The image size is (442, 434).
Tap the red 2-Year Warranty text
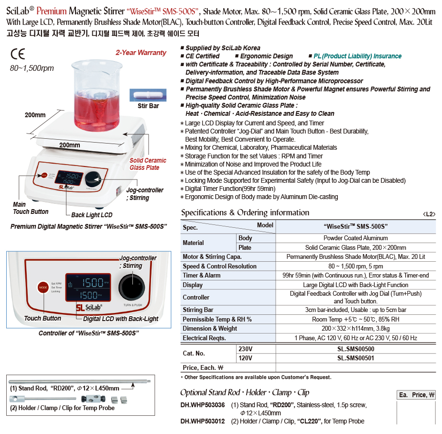click(x=141, y=53)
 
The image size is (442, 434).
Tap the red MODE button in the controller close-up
click(x=43, y=288)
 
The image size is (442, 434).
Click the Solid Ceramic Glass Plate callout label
click(x=148, y=164)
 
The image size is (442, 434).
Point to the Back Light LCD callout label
click(x=92, y=215)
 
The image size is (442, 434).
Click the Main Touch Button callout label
click(x=31, y=208)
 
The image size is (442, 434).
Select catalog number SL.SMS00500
click(x=356, y=349)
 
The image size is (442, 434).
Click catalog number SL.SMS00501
click(x=356, y=358)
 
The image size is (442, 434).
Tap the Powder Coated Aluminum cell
click(x=356, y=238)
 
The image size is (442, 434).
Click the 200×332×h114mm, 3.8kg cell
click(x=356, y=328)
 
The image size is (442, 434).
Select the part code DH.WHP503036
click(x=203, y=405)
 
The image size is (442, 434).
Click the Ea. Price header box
click(x=417, y=395)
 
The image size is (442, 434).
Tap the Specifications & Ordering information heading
click(x=245, y=212)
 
